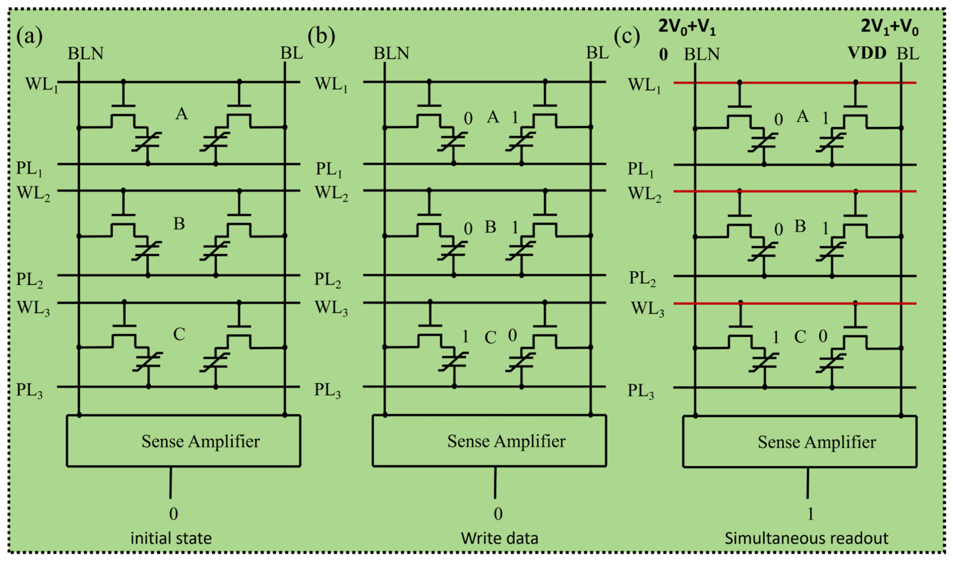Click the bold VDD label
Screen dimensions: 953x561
tap(867, 53)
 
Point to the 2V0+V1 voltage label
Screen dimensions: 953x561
tap(687, 28)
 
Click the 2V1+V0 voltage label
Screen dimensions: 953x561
tap(889, 27)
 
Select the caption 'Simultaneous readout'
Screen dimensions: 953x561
tap(806, 538)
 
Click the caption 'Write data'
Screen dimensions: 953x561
tap(499, 538)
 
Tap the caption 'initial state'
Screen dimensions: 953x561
tap(171, 538)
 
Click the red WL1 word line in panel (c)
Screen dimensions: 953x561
tap(795, 83)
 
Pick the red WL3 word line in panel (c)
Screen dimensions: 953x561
tap(795, 303)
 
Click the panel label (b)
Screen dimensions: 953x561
tap(321, 36)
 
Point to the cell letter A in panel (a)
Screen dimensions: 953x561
tap(181, 114)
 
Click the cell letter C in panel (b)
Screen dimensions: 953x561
tap(491, 337)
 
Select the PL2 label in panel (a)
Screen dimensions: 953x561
tap(29, 280)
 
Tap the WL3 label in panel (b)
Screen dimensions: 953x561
tap(331, 308)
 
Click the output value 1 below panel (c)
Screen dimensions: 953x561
tap(810, 514)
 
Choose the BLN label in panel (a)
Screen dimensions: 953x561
tap(86, 53)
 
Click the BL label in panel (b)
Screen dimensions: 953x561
tap(597, 53)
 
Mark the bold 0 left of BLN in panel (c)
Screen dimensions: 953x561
tap(664, 55)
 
